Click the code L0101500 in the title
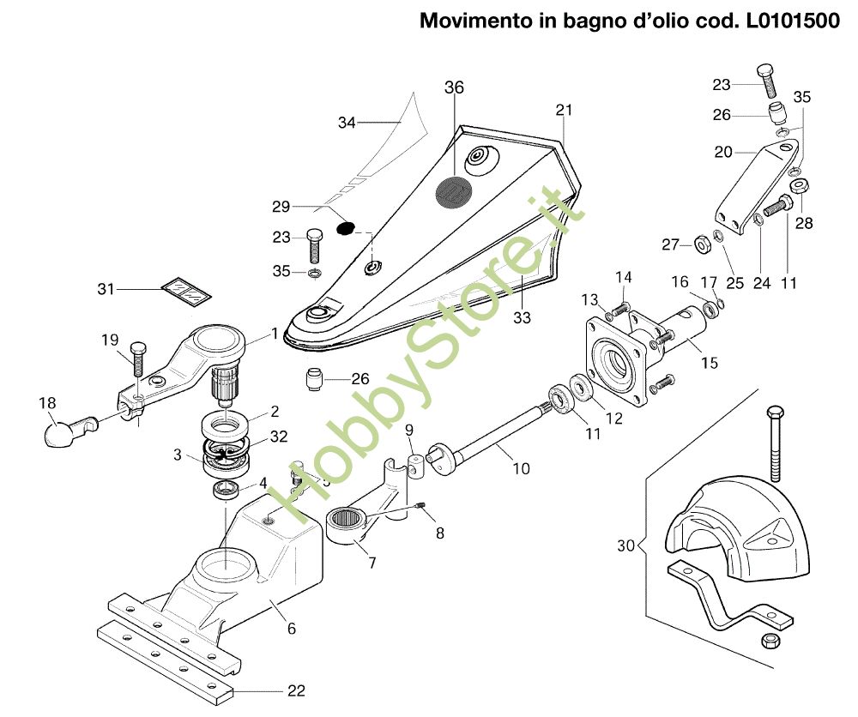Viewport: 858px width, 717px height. point(785,21)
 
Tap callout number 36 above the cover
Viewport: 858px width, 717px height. point(454,87)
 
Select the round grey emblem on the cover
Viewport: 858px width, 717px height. point(452,192)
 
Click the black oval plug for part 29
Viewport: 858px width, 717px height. point(345,227)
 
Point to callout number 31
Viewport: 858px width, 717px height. point(106,288)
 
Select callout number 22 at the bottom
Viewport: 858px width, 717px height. point(296,690)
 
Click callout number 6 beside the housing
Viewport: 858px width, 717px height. point(292,629)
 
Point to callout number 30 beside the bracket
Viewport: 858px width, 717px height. point(625,545)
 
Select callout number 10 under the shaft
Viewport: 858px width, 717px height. point(521,468)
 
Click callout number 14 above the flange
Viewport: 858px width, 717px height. point(623,277)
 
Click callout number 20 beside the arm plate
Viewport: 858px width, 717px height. point(722,152)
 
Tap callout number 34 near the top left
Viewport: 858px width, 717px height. point(347,123)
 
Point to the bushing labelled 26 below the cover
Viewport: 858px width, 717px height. point(313,379)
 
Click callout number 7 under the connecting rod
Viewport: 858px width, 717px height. point(372,563)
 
